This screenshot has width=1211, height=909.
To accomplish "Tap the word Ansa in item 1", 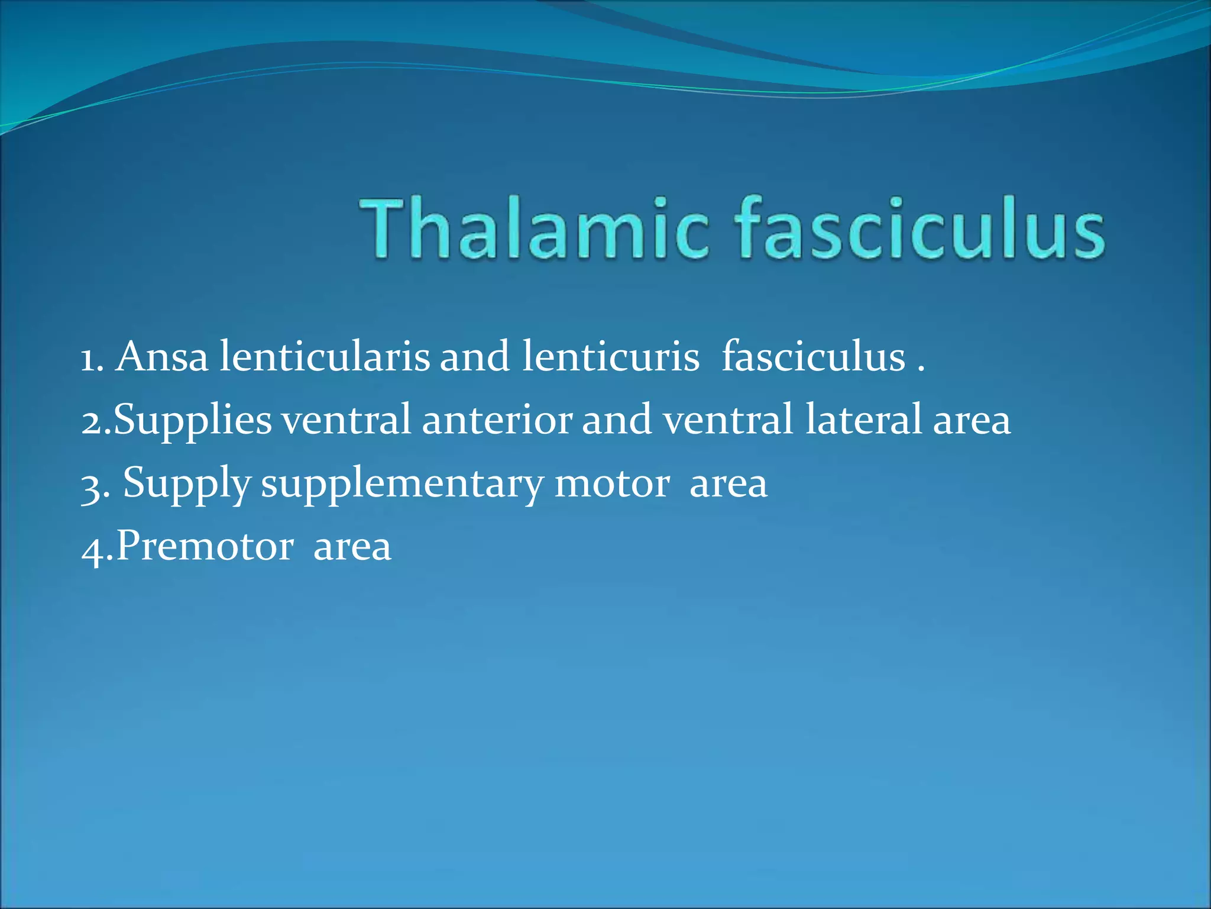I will [x=161, y=357].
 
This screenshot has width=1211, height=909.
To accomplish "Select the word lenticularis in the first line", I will [x=325, y=357].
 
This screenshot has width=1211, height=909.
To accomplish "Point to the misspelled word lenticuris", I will [x=610, y=357].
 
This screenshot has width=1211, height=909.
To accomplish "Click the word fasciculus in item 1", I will [x=813, y=357].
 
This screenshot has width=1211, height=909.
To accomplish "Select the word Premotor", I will [x=205, y=546].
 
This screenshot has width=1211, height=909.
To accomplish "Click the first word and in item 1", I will [x=475, y=357].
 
